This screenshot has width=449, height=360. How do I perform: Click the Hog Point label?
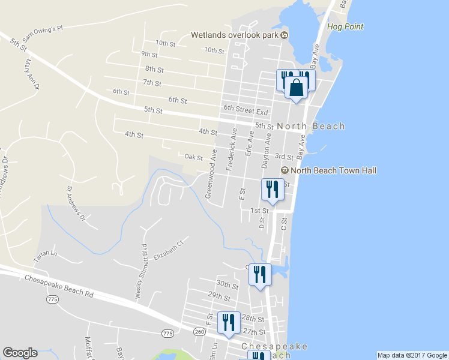pos(345,27)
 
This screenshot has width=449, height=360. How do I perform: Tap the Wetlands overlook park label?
pos(235,35)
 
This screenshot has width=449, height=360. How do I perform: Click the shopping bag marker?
pos(296,88)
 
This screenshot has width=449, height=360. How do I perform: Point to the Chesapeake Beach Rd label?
pos(59,286)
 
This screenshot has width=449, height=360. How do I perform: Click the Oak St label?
pos(193,157)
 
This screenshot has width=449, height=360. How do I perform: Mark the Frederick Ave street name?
pos(232,149)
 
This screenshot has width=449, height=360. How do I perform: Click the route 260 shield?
pos(200,331)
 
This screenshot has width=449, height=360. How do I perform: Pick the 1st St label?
pos(259,211)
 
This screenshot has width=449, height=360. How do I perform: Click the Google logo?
pos(20,353)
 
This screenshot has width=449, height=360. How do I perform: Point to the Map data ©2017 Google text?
pos(411,355)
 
